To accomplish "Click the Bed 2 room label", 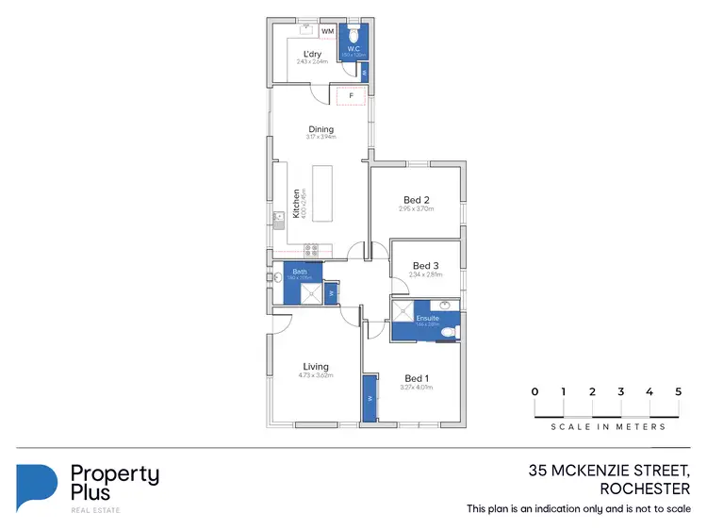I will coord(417,200).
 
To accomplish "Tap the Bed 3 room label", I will coord(426,266).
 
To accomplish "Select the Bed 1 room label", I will coord(416,378).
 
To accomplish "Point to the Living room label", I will coord(315,367).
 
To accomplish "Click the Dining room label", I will coord(321,129).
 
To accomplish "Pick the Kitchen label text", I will coord(296,204).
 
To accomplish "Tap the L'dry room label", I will coord(312,54).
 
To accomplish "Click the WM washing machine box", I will coord(328,31).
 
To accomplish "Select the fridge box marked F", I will coord(352,95).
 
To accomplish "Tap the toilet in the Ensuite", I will coord(455,331).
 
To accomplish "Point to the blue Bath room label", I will coord(300,272).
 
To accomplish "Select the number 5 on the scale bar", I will coord(678,391).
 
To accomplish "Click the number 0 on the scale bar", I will coord(534,391).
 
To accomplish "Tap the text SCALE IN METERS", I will coord(608,427).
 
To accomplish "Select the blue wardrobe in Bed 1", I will coord(369,398).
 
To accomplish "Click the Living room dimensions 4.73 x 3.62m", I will coord(315,375).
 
